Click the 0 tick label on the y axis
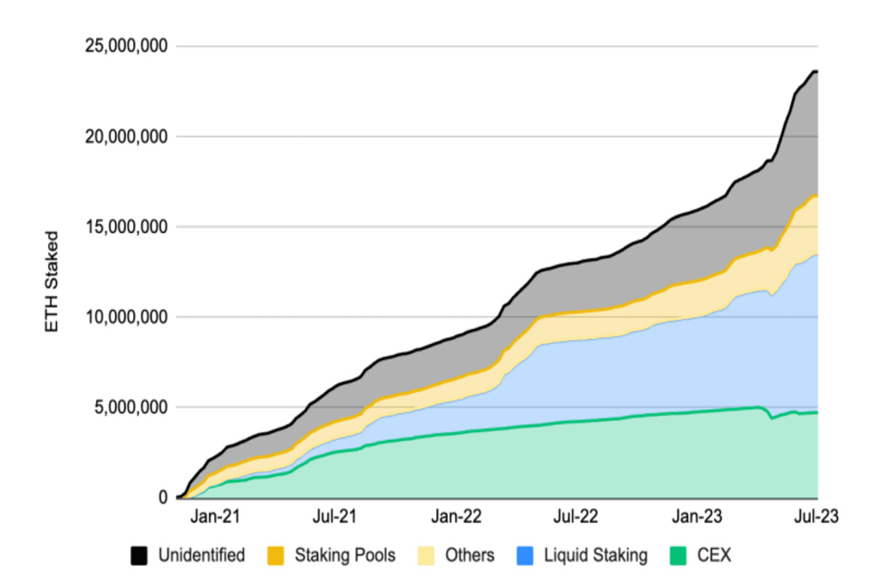tap(163, 498)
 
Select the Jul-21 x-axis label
tap(336, 517)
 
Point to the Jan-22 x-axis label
tap(457, 517)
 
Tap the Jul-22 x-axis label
tap(575, 517)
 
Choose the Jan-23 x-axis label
tap(696, 517)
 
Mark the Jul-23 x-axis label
tap(815, 517)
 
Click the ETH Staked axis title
tap(52, 282)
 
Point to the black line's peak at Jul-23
tap(815, 71)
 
